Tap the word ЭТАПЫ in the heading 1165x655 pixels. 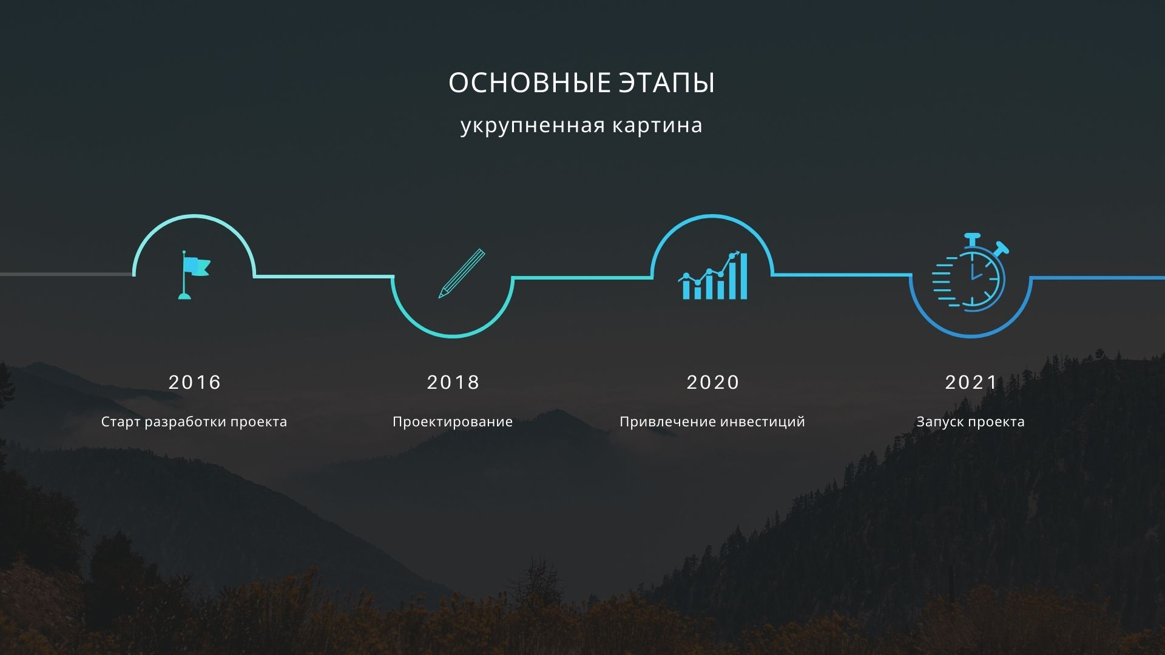click(667, 83)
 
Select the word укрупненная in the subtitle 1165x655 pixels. click(532, 126)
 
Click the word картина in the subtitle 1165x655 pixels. click(657, 126)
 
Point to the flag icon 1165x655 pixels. click(194, 275)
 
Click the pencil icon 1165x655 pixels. click(462, 274)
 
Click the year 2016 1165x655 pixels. click(195, 382)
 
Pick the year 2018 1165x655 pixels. click(453, 382)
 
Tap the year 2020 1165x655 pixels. click(713, 382)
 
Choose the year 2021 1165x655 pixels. click(971, 382)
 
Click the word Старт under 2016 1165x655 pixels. click(120, 422)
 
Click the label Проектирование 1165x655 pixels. click(453, 422)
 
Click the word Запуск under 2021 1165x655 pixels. click(937, 422)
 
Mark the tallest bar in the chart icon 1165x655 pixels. click(743, 277)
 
